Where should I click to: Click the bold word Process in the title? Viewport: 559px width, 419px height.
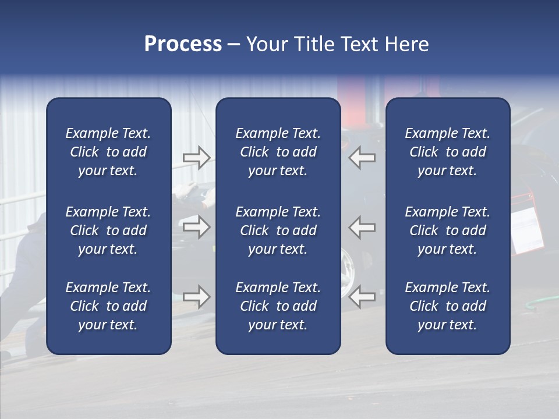pyautogui.click(x=183, y=44)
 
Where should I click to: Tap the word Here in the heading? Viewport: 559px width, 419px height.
pyautogui.click(x=406, y=44)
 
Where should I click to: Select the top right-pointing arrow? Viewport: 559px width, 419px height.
pyautogui.click(x=196, y=158)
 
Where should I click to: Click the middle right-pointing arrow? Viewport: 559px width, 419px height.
pyautogui.click(x=196, y=226)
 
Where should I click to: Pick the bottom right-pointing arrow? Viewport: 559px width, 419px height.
pyautogui.click(x=196, y=297)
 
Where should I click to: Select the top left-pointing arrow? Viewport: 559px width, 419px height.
pyautogui.click(x=362, y=158)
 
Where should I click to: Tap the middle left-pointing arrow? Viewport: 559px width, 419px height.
pyautogui.click(x=362, y=226)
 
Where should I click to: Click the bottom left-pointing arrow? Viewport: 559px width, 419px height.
pyautogui.click(x=362, y=297)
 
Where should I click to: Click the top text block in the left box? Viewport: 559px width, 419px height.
pyautogui.click(x=108, y=152)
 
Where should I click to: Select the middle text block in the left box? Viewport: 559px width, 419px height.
pyautogui.click(x=108, y=230)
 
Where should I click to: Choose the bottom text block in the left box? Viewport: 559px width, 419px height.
pyautogui.click(x=108, y=306)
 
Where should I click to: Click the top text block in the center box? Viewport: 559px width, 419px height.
pyautogui.click(x=278, y=152)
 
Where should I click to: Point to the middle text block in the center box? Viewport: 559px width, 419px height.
pyautogui.click(x=278, y=230)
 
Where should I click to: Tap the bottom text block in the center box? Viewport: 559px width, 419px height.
pyautogui.click(x=278, y=306)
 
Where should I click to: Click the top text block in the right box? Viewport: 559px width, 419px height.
pyautogui.click(x=447, y=152)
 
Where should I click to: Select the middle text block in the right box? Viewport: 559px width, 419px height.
pyautogui.click(x=447, y=230)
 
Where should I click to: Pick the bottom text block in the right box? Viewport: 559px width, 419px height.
pyautogui.click(x=447, y=306)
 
